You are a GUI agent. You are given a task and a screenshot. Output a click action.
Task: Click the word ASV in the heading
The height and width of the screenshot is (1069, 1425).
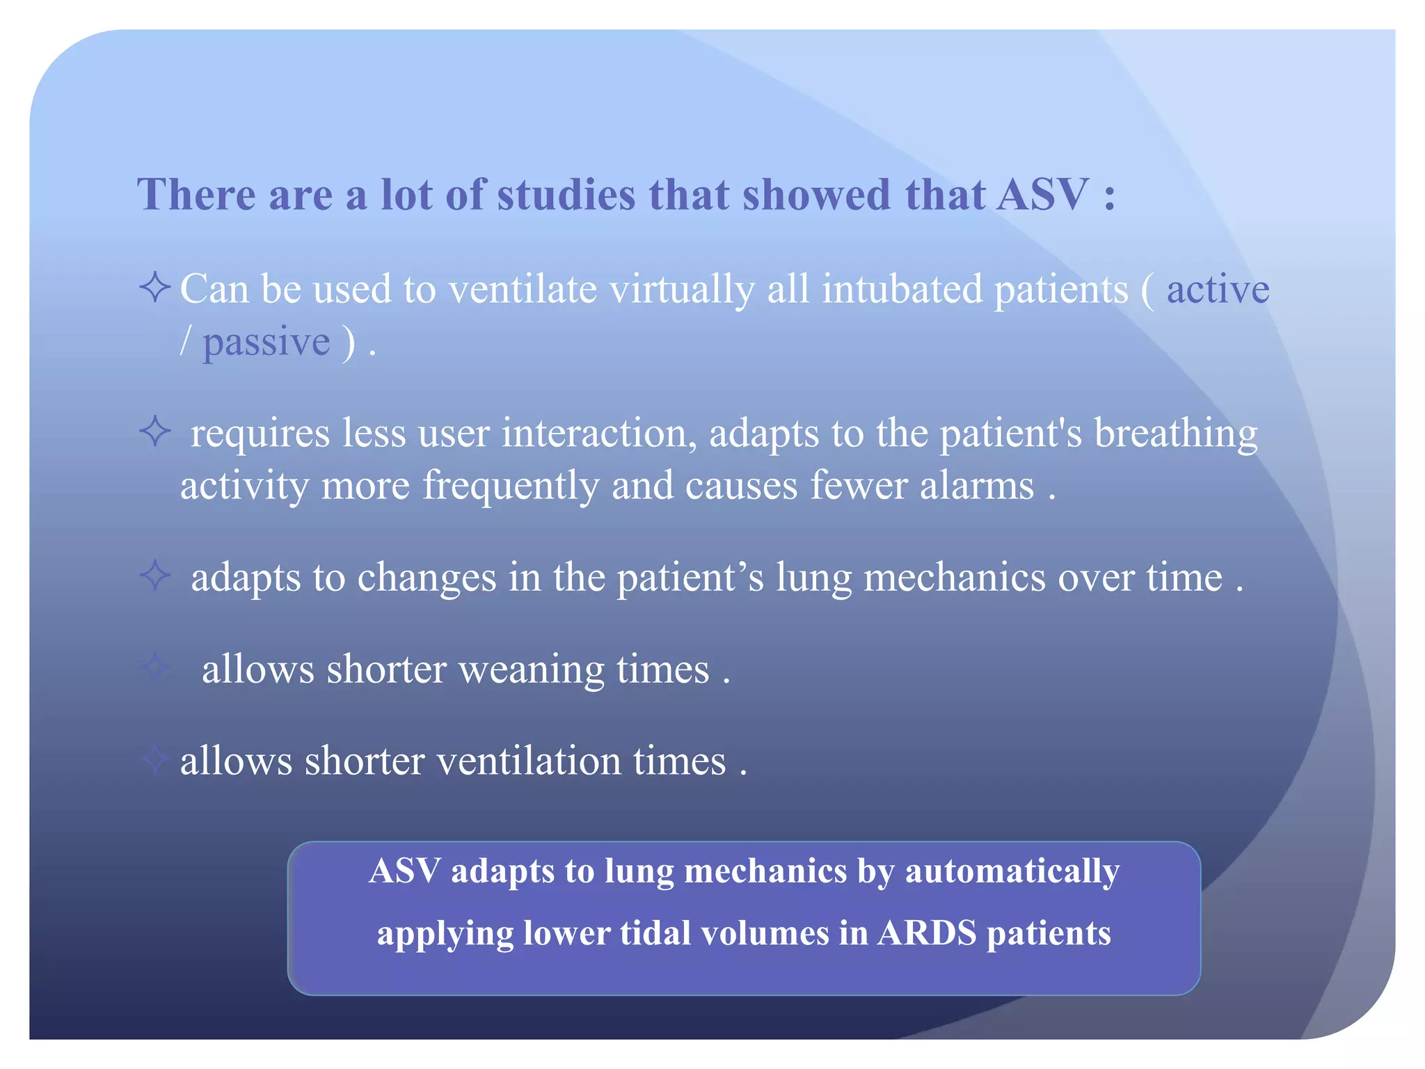pos(1042,194)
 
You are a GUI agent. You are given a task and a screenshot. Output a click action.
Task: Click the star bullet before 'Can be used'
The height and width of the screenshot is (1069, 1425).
pos(154,287)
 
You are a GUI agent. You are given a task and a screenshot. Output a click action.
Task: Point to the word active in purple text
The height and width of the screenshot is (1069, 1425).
pos(1218,288)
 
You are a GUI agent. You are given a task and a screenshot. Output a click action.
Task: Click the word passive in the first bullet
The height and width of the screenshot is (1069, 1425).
pos(266,342)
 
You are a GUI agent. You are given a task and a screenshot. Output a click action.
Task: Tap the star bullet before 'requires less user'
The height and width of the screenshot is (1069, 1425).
pos(154,431)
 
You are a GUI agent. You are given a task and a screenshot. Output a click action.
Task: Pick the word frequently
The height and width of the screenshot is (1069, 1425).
pos(511,486)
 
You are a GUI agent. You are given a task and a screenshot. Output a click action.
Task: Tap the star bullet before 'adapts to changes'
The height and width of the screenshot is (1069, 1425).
pos(154,576)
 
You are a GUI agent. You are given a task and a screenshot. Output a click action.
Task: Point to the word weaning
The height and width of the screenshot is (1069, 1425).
pos(531,670)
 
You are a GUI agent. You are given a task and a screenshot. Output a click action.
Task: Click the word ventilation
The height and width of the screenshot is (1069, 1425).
pos(529,761)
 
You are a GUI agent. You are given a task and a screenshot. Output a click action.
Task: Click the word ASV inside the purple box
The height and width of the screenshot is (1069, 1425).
pos(404,871)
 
